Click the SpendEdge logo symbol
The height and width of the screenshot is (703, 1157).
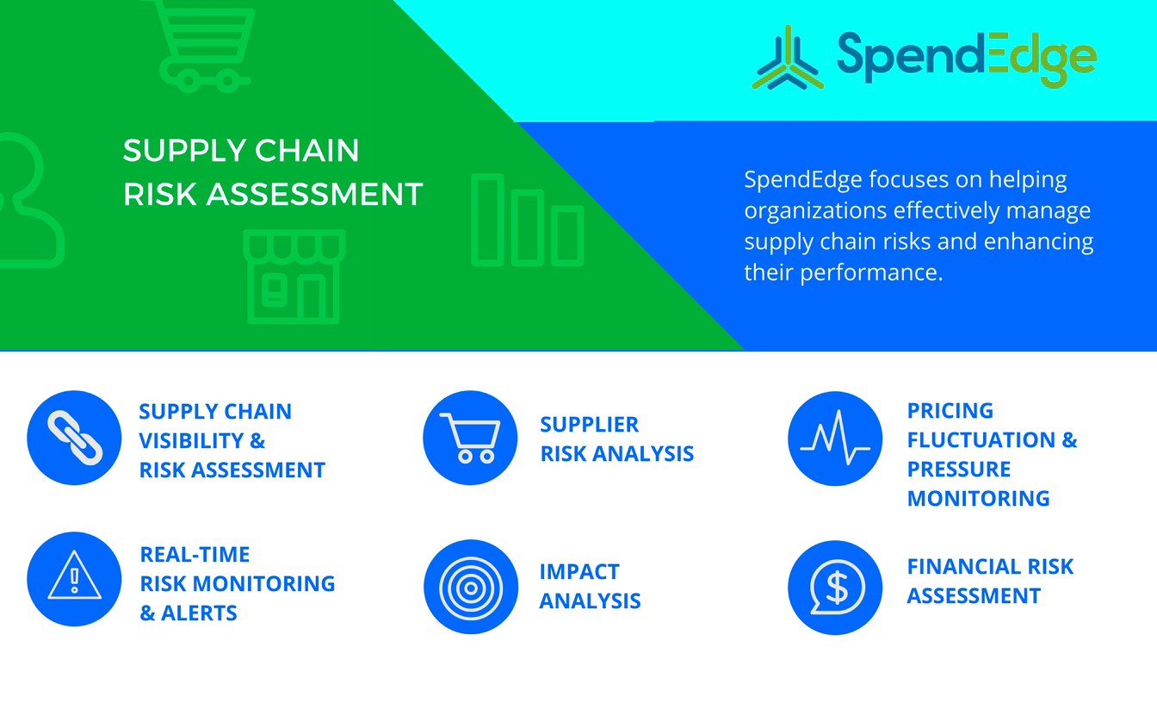coord(787,58)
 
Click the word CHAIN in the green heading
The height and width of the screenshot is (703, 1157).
coord(306,151)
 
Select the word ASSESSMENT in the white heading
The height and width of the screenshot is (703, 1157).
coord(314,195)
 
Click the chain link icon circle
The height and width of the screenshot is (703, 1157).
coord(74,438)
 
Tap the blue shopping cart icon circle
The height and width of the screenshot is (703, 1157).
coord(470,438)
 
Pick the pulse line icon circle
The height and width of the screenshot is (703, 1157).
coord(835,439)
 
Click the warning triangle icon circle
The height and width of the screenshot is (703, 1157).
coord(74,579)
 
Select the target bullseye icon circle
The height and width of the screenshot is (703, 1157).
coord(471,588)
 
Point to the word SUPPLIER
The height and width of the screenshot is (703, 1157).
coord(590,425)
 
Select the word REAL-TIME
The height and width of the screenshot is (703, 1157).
coord(195,555)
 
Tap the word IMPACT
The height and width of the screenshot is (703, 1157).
coord(579,572)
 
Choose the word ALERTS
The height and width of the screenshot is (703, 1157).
coord(199,613)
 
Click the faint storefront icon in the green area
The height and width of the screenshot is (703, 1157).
coord(294,277)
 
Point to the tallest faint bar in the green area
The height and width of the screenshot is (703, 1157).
coord(487,220)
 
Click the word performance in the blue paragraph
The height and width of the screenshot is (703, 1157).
coord(871,273)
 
